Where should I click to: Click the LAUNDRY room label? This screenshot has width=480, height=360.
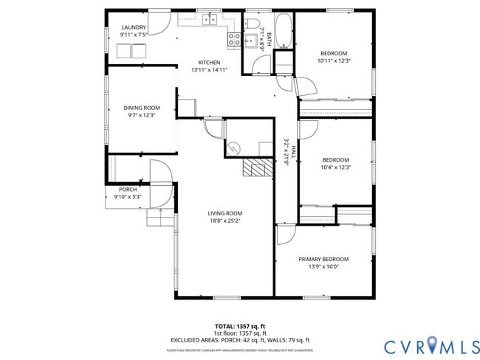click(134, 27)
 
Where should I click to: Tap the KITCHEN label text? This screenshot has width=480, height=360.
click(209, 62)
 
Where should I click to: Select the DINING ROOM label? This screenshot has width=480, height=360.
click(141, 108)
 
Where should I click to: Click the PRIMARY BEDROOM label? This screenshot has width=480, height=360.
click(323, 259)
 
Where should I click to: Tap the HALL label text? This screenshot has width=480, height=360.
click(293, 152)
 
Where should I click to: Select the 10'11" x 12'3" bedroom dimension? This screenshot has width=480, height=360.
click(335, 60)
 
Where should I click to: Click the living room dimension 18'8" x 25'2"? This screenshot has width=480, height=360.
click(224, 220)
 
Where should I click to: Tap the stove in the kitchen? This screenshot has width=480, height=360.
click(234, 39)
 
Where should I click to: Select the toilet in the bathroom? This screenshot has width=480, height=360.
click(251, 24)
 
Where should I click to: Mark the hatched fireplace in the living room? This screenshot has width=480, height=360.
click(258, 167)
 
